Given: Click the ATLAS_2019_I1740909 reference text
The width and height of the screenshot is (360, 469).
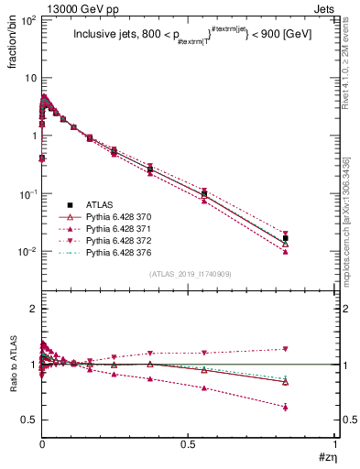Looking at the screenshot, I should [x=189, y=275].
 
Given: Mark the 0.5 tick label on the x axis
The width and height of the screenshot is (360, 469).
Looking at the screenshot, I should [x=189, y=444].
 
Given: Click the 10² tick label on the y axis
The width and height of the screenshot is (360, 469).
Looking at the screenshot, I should [x=27, y=19].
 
